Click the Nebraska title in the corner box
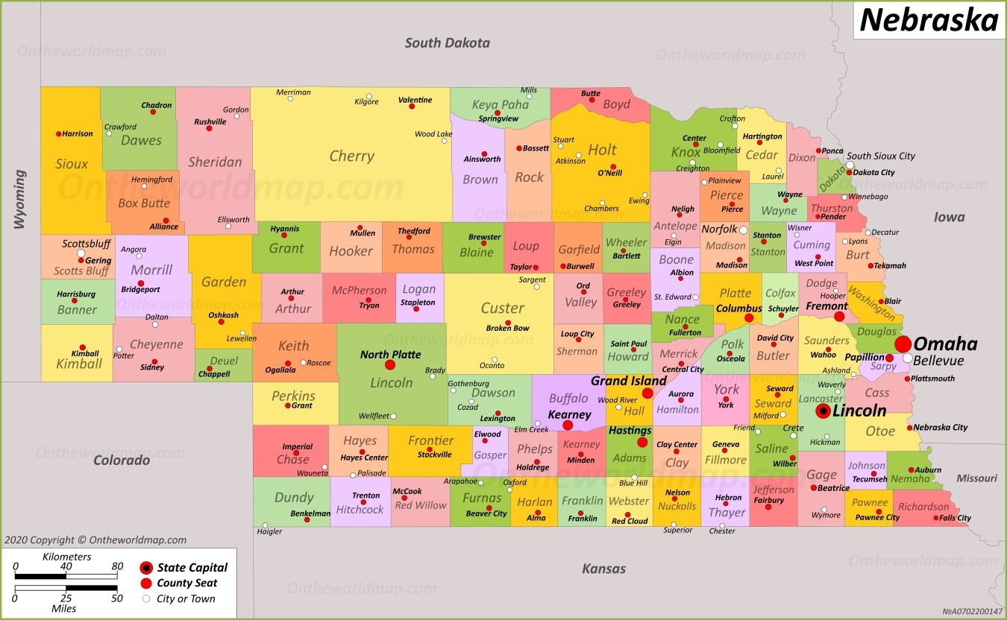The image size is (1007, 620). (x=929, y=20)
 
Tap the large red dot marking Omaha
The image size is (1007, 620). (x=903, y=344)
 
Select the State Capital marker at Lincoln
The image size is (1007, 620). (x=823, y=411)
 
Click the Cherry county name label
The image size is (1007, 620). (x=351, y=156)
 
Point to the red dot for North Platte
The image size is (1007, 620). (x=390, y=365)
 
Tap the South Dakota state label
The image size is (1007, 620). (x=447, y=42)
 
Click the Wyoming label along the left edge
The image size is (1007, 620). (x=19, y=199)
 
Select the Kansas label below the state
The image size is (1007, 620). (x=603, y=569)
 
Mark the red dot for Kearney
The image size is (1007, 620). (x=568, y=426)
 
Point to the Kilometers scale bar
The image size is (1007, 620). (x=66, y=576)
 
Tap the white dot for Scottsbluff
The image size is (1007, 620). (x=81, y=253)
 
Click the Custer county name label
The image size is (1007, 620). (x=502, y=308)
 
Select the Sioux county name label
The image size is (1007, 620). (x=72, y=164)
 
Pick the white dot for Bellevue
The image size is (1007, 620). (x=907, y=358)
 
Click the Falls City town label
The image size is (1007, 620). (x=955, y=518)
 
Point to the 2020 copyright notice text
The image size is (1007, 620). (x=95, y=540)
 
